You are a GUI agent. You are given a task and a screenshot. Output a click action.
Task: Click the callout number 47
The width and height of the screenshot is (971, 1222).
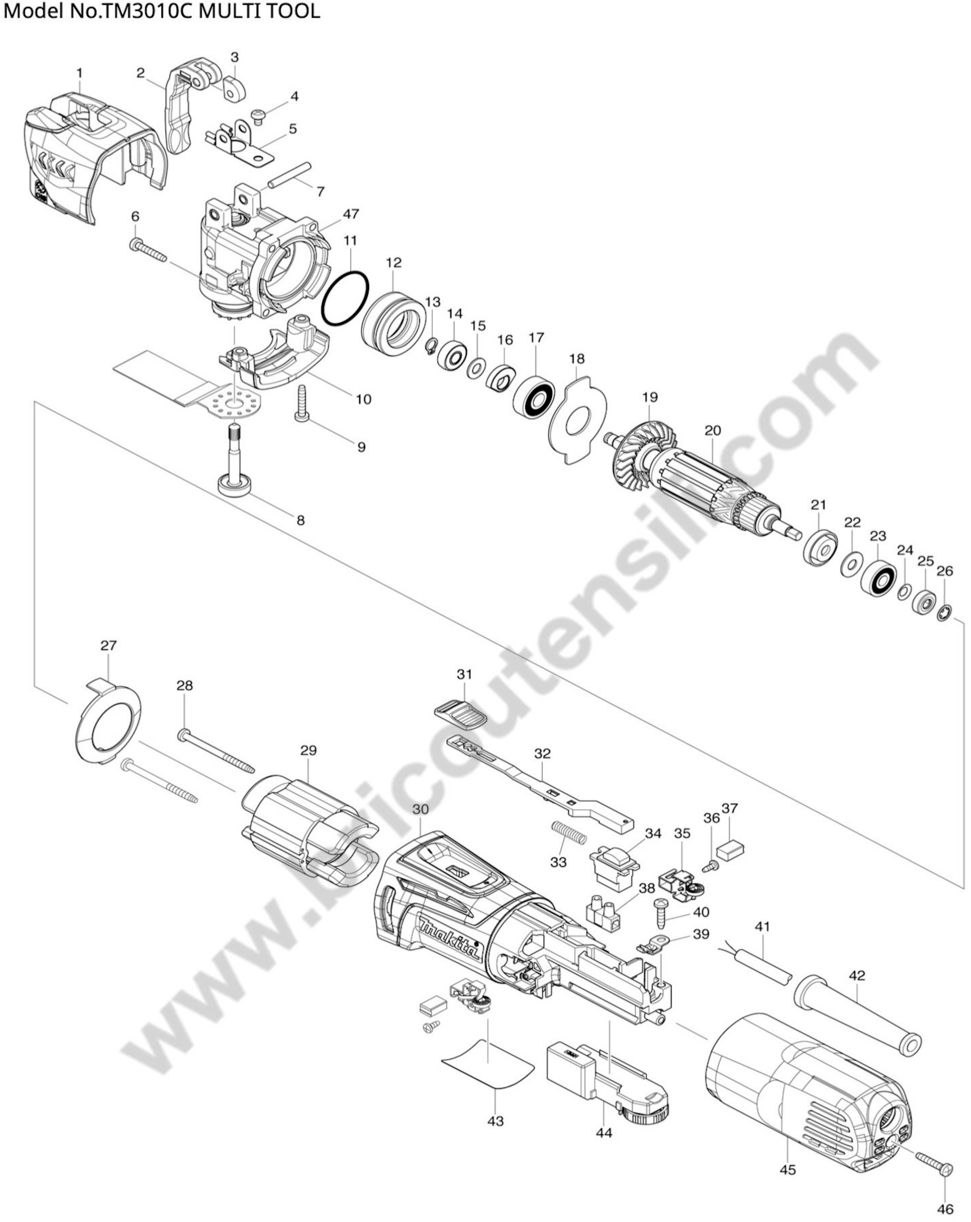351,214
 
